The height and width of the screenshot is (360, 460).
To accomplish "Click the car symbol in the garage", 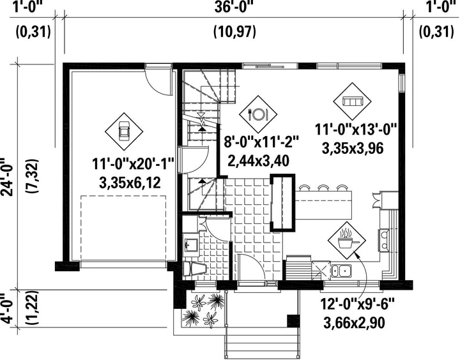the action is click(x=124, y=130).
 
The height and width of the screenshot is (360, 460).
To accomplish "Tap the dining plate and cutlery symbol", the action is click(x=258, y=114).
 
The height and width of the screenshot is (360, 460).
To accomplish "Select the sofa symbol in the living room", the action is click(x=352, y=101).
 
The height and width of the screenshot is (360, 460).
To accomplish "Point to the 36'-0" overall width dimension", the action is click(x=234, y=7).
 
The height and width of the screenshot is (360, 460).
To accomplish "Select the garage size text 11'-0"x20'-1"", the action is click(x=134, y=164).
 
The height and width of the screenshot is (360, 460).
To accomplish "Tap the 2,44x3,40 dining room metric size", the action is click(x=259, y=160).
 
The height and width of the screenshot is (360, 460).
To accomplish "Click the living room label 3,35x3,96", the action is click(x=353, y=148).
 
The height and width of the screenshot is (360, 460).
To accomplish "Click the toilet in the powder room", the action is click(x=194, y=269).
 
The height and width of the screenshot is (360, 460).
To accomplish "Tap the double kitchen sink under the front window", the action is click(x=341, y=271).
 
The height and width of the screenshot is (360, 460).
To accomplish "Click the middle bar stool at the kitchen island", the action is click(x=323, y=188).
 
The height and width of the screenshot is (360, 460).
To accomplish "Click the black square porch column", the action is click(x=293, y=320).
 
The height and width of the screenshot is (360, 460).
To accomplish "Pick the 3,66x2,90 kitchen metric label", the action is click(x=354, y=323).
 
